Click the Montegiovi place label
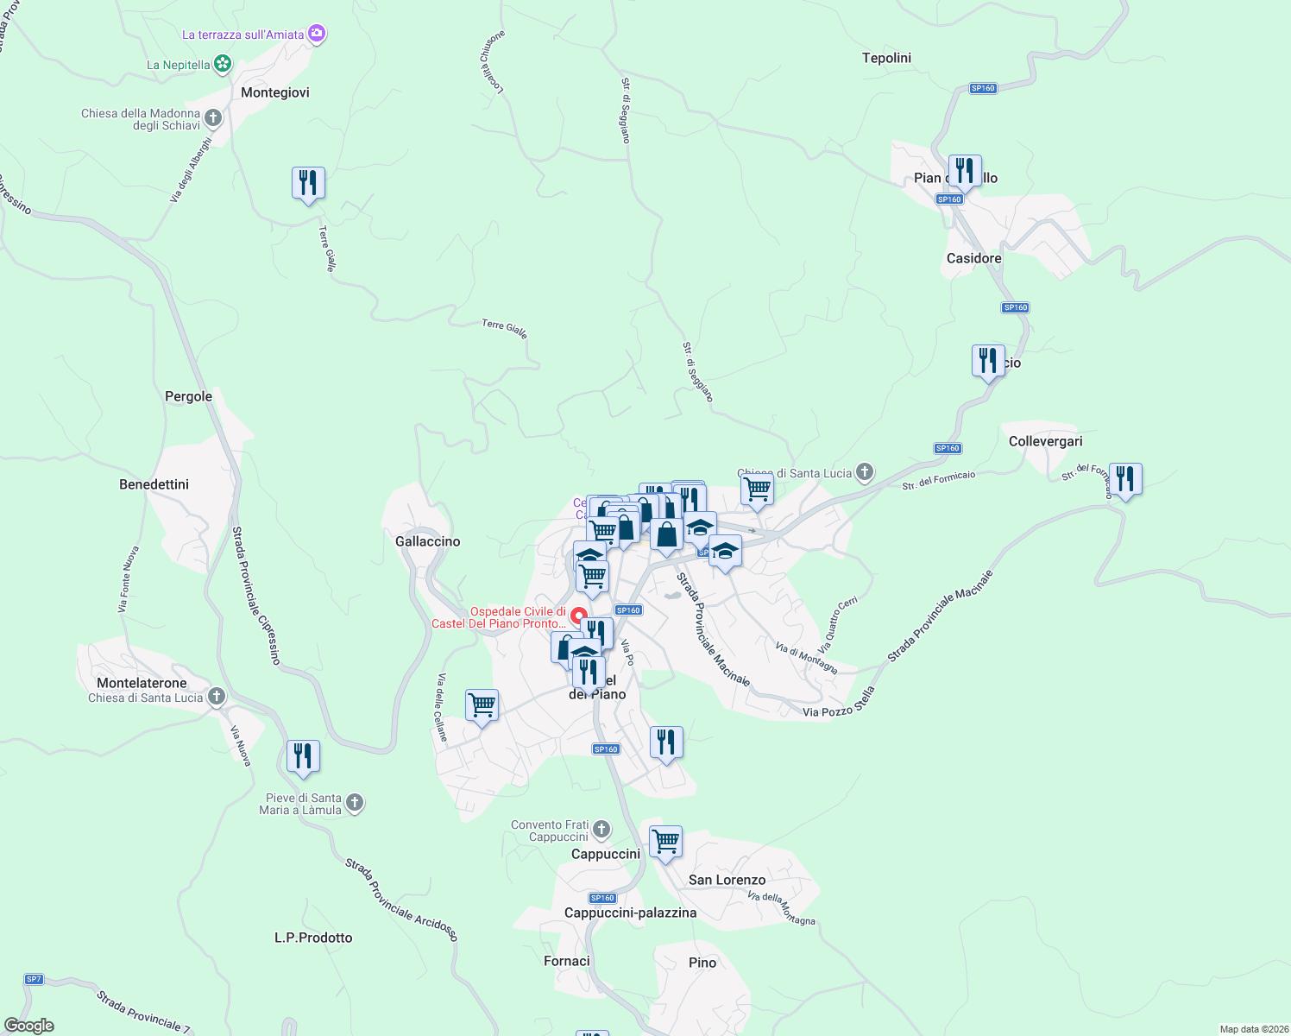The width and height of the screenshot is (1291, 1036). tap(274, 92)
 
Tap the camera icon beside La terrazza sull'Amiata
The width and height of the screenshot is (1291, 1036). tap(317, 34)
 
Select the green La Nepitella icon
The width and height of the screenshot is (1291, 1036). tap(223, 64)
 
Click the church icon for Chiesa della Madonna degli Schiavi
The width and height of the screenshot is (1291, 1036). tap(213, 118)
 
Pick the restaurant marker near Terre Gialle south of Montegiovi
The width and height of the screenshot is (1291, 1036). tap(308, 184)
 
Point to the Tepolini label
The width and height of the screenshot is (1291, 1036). tap(886, 58)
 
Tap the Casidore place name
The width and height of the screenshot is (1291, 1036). tap(973, 258)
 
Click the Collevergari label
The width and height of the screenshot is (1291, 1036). tap(1045, 441)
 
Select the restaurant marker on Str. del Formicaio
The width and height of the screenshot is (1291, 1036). tap(1125, 480)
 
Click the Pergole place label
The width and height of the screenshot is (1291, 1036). tap(188, 396)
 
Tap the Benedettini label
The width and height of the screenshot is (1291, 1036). tap(154, 484)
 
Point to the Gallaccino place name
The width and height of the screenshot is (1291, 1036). tap(427, 541)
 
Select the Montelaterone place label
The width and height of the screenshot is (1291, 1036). tap(142, 683)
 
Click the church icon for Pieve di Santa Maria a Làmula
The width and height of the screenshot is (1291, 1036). tap(355, 804)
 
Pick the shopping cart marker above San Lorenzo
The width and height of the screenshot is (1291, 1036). tap(665, 842)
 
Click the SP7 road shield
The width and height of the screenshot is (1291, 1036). tap(34, 979)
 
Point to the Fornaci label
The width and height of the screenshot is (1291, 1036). tap(567, 961)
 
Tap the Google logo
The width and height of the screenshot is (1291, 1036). tap(29, 1026)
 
